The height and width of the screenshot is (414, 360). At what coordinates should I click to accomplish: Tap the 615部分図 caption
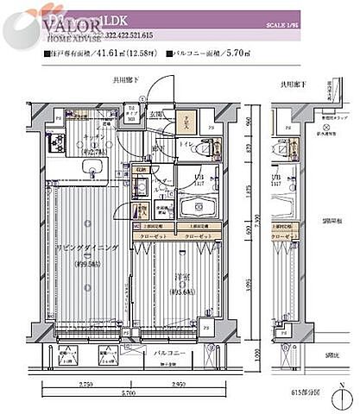pos(328,392)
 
